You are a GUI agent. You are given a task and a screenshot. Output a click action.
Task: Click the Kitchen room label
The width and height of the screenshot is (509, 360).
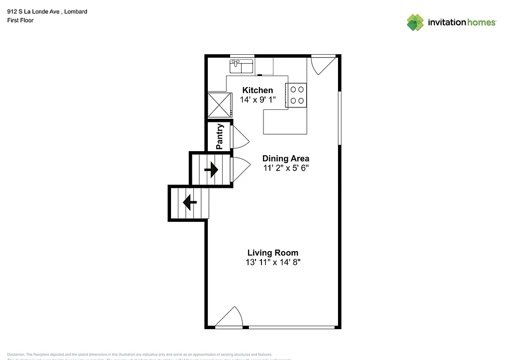257,90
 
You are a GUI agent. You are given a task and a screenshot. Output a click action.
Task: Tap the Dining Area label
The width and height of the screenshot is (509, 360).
286,159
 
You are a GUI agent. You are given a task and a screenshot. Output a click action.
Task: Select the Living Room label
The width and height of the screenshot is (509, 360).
272,253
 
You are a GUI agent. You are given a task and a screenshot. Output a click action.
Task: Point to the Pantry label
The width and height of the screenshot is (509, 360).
220,137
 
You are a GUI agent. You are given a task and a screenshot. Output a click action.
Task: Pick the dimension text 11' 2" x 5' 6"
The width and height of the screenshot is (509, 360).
286,168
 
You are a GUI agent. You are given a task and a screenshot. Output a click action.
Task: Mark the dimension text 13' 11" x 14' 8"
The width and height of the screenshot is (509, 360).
272,262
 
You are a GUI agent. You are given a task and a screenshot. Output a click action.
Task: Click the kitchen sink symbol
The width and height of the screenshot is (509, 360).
242,66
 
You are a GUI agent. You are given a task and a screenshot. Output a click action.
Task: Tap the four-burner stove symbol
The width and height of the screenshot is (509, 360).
297,95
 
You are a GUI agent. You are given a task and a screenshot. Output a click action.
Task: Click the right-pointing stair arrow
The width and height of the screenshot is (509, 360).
211,170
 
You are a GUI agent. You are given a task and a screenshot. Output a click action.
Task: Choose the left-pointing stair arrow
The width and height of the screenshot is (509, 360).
189,202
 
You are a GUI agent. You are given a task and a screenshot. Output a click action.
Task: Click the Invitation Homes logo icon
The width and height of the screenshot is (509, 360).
415,22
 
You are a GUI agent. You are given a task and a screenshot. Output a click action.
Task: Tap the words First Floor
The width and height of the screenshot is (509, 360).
20,20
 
